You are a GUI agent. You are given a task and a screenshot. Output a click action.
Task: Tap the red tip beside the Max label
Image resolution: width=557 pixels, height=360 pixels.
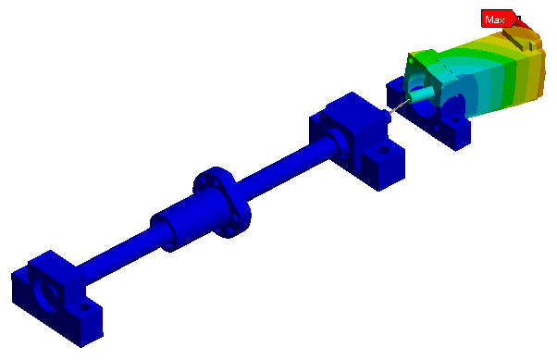coord(525,25)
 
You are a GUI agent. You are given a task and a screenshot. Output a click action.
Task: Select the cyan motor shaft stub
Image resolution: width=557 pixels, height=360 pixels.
coord(421,94)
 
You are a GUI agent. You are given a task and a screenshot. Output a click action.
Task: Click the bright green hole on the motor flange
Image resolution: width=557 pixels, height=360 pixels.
coord(412,61)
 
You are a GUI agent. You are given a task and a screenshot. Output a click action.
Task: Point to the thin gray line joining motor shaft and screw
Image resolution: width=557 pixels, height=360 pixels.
coord(399,106)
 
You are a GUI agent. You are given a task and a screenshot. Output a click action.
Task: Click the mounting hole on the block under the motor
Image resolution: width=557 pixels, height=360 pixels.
coord(455,120)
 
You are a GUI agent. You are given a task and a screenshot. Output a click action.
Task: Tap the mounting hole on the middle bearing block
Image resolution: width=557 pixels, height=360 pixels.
coord(383,151)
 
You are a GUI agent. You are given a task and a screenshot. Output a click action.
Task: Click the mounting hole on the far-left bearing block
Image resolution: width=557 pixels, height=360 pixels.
coord(84,307)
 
